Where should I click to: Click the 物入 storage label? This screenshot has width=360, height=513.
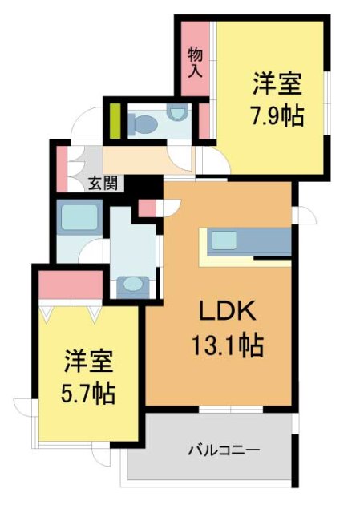195,63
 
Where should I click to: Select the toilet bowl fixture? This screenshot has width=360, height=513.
145,123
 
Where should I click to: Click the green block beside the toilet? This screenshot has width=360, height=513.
115,120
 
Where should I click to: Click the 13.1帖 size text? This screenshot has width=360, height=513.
228,346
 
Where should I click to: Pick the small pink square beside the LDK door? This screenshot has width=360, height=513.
147,209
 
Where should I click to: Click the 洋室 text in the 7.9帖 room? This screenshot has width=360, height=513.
277,83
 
